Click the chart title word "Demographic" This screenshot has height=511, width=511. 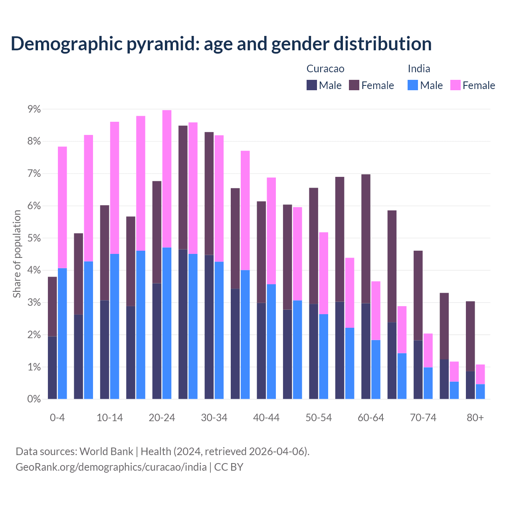(x=66, y=44)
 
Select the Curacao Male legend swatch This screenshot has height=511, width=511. (x=312, y=85)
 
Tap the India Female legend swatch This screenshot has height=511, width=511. (x=455, y=85)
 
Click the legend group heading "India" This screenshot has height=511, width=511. (x=419, y=69)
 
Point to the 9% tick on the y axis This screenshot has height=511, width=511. (x=34, y=109)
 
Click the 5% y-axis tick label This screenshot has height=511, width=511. (x=34, y=238)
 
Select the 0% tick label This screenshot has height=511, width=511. (x=34, y=399)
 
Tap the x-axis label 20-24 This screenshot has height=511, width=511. (x=162, y=418)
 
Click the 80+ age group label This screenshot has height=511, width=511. (x=475, y=418)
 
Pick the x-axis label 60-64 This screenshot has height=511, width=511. (x=370, y=418)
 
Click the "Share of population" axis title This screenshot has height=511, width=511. (x=17, y=254)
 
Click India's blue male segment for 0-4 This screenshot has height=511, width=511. (x=62, y=333)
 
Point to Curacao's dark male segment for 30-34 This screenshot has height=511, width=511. (x=209, y=327)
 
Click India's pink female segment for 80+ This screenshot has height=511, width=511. (x=480, y=374)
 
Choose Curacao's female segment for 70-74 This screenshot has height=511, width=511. (x=418, y=295)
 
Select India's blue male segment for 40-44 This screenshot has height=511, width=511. (x=271, y=341)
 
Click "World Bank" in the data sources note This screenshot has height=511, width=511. (x=106, y=452)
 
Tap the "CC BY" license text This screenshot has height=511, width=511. (x=229, y=467)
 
